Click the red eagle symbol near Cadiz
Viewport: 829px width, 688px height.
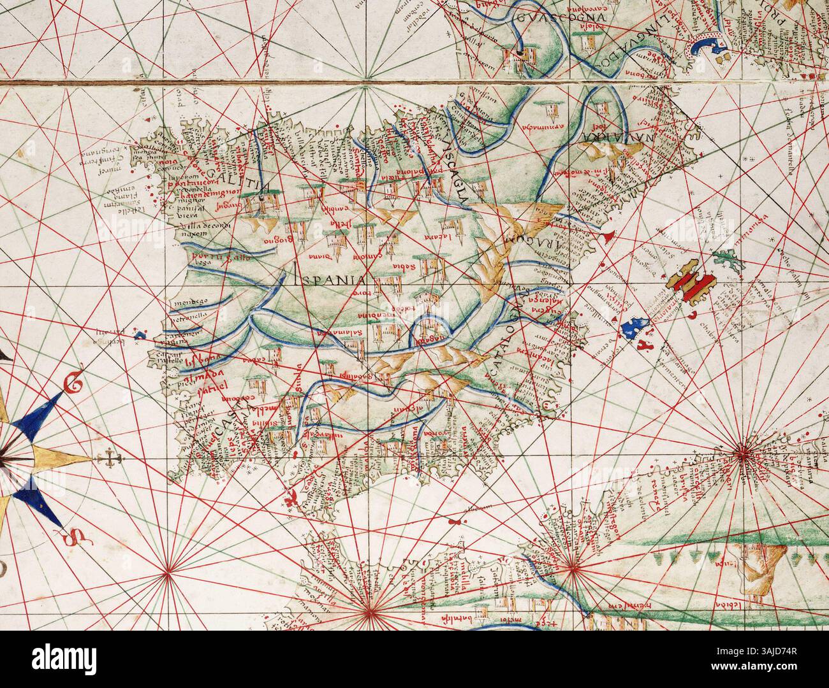[290, 498]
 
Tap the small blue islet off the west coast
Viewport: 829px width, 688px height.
[140, 333]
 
